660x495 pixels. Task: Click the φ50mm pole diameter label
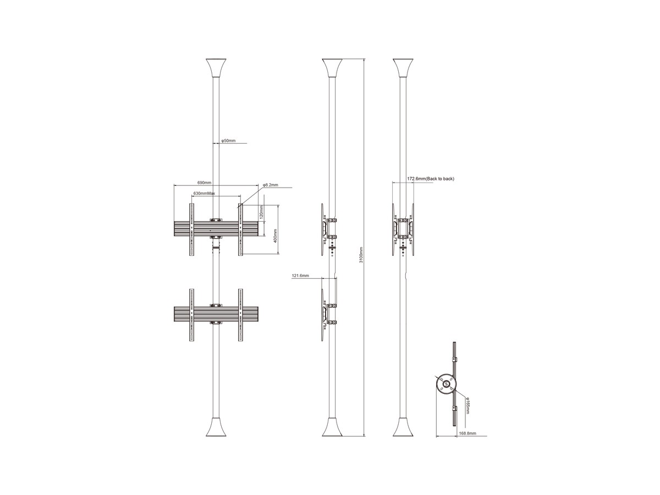point(228,140)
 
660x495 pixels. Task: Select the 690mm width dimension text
point(204,183)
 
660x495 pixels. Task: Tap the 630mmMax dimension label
point(204,193)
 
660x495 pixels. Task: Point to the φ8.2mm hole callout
point(270,185)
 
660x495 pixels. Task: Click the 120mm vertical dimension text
point(261,212)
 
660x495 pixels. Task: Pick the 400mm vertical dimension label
point(275,236)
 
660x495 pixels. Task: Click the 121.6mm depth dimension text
point(300,276)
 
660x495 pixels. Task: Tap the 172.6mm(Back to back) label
point(431,179)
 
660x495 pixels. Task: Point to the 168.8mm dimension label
point(468,433)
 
